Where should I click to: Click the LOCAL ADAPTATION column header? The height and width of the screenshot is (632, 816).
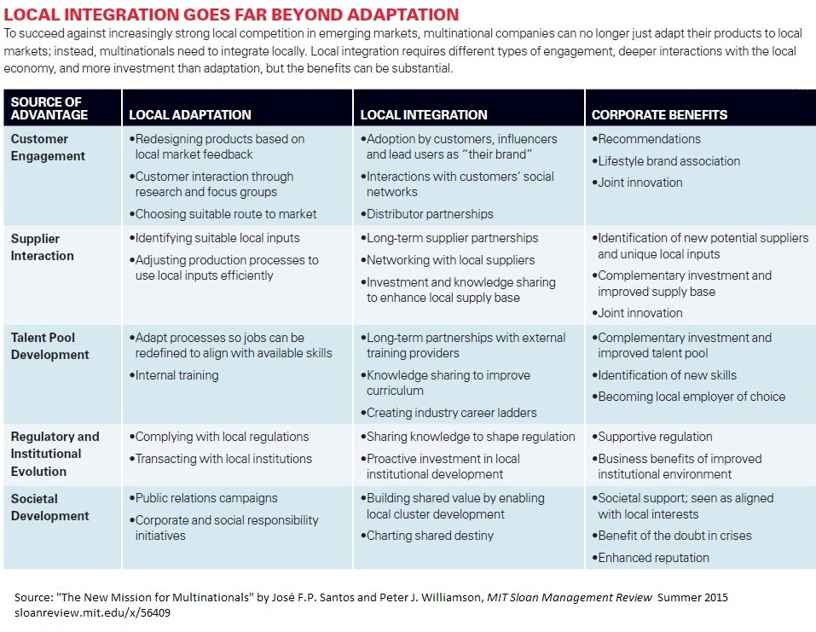[189, 114]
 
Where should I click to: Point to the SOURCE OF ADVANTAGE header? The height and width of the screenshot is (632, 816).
[49, 108]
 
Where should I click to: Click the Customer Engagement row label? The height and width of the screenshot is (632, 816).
[48, 148]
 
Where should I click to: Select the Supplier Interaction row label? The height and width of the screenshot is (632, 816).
[43, 247]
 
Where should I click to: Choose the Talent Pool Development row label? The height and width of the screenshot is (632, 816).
[50, 346]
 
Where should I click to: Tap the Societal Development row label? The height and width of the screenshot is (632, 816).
[50, 507]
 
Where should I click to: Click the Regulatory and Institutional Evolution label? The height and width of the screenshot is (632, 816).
[55, 454]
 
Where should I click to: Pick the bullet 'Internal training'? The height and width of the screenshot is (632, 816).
[177, 375]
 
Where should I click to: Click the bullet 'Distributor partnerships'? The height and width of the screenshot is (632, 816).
[430, 214]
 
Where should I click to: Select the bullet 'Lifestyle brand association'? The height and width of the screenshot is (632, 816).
[668, 161]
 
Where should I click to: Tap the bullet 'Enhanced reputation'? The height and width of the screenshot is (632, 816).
[653, 558]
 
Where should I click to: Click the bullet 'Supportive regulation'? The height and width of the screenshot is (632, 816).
[655, 437]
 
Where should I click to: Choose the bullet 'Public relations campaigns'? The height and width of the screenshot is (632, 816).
[206, 498]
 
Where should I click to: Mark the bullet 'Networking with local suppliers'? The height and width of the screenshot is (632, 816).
[450, 260]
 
